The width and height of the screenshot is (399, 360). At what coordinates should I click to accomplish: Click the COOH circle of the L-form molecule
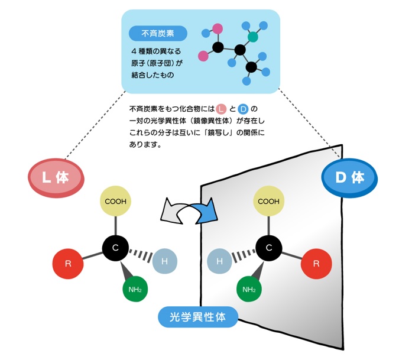coord(115,201)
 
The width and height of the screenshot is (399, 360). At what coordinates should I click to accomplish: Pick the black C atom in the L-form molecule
coord(115,247)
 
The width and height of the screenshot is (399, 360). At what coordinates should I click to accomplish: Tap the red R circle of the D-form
coord(316,264)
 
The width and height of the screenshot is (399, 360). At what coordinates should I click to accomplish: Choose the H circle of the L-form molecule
coord(165,262)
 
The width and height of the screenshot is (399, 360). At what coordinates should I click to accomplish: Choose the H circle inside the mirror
coord(219,262)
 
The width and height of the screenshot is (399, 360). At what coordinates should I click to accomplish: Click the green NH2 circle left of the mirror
coord(134,289)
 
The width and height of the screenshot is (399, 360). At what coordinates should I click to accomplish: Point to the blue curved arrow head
coord(208,212)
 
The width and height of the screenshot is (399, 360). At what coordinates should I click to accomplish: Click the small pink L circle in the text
coord(221,109)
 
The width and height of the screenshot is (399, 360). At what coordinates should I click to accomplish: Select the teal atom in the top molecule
coord(253,37)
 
